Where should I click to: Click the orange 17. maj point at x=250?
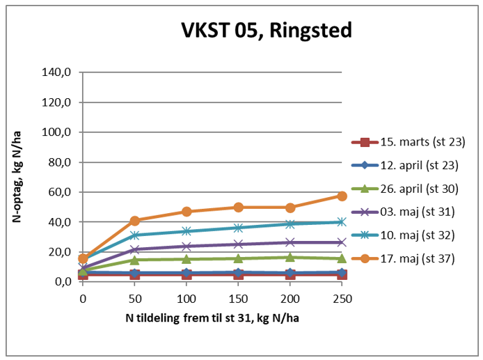click(342, 196)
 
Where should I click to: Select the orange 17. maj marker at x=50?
click(135, 221)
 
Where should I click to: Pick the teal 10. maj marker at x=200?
click(290, 224)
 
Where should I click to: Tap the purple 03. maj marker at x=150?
click(238, 244)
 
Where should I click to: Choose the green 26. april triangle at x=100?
click(187, 259)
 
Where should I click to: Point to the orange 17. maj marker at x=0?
click(84, 258)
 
